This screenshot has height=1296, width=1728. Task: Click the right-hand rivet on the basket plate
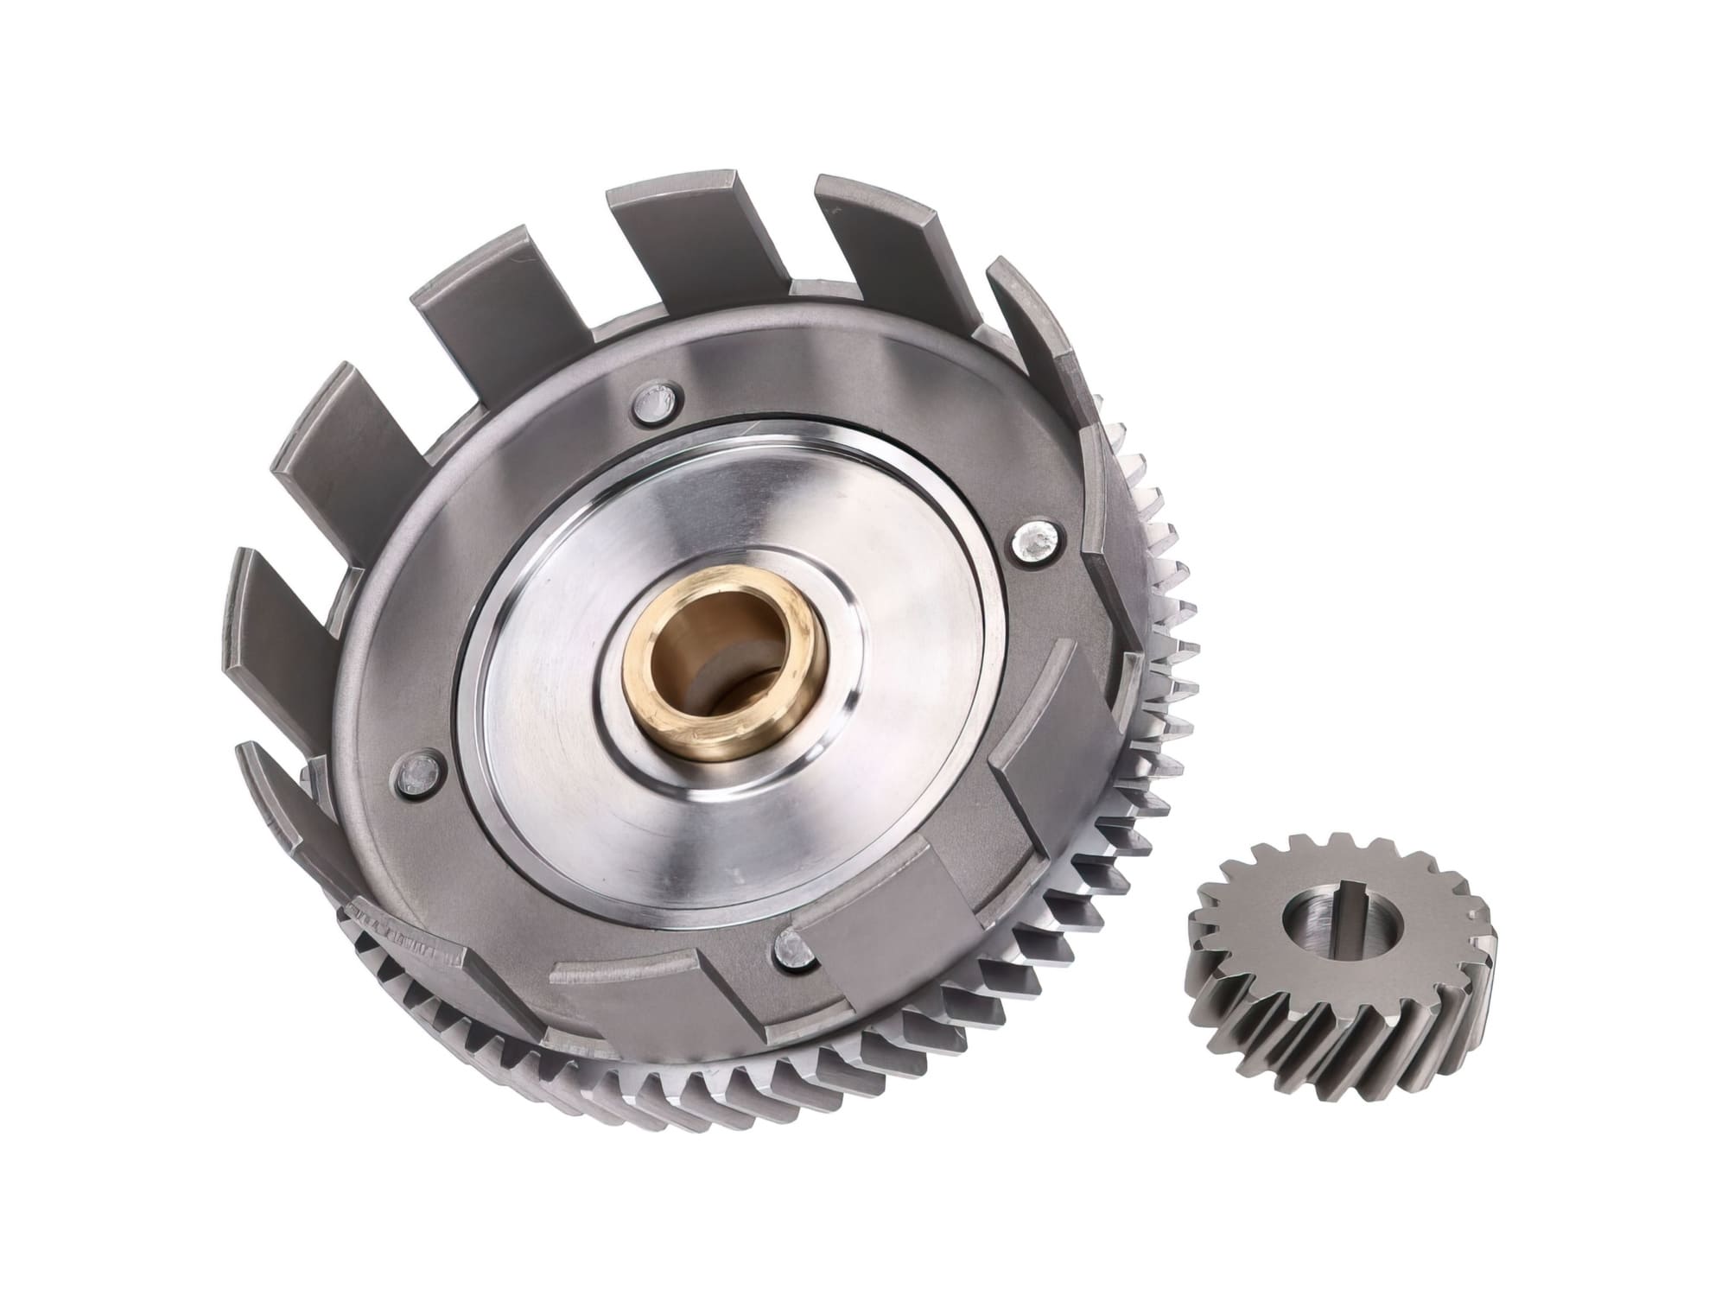(1033, 541)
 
